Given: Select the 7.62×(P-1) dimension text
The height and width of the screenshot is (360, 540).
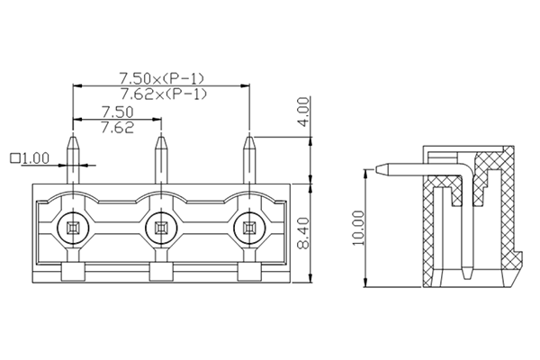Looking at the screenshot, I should click(x=163, y=94).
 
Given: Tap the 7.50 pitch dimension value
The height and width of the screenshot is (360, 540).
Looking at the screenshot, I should click(x=117, y=111).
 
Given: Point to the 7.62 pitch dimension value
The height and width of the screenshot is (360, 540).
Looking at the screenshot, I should click(x=117, y=127).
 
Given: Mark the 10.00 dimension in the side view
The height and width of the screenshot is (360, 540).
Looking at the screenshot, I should click(x=359, y=228).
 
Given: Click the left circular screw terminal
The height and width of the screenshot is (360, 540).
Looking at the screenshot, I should click(x=72, y=227).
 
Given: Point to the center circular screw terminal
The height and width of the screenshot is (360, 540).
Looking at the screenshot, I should click(x=160, y=227).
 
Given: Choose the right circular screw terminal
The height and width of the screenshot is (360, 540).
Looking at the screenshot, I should click(x=248, y=227).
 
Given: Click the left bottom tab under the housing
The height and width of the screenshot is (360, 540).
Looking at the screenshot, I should click(x=72, y=274).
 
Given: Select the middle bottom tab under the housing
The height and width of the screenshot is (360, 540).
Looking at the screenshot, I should click(x=160, y=274).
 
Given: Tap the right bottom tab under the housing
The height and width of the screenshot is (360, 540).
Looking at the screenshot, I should click(x=248, y=274).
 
